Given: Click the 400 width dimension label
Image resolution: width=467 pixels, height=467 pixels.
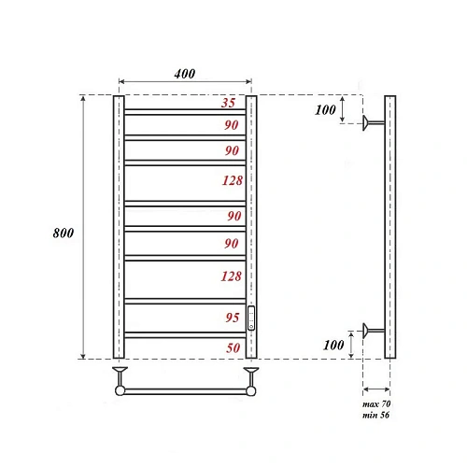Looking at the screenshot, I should pos(184,75).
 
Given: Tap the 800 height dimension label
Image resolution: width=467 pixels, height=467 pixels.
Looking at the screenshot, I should pos(64,232).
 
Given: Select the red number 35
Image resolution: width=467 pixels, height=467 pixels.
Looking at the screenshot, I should pos(229,103).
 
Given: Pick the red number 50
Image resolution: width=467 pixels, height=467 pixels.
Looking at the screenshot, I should pos(233,347).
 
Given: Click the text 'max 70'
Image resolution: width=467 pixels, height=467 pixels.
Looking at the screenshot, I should pos(375,402).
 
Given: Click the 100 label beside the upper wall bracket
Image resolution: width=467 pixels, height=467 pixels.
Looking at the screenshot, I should pos(325,110).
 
